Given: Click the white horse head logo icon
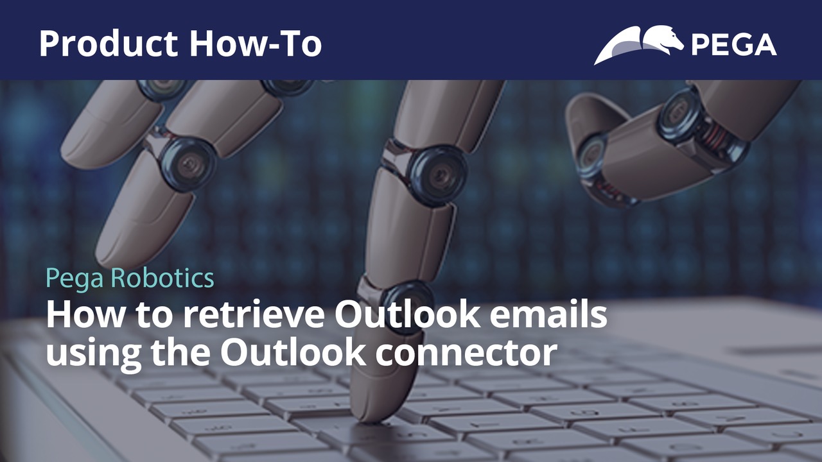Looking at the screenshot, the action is click(638, 45).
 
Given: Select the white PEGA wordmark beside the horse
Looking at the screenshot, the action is click(734, 45).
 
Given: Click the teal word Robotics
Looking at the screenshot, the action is click(162, 278).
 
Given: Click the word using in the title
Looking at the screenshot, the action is click(93, 355).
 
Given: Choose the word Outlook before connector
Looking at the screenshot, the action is click(292, 352).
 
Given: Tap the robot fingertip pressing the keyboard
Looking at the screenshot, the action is click(371, 411).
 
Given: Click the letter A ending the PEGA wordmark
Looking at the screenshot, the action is click(765, 45).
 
